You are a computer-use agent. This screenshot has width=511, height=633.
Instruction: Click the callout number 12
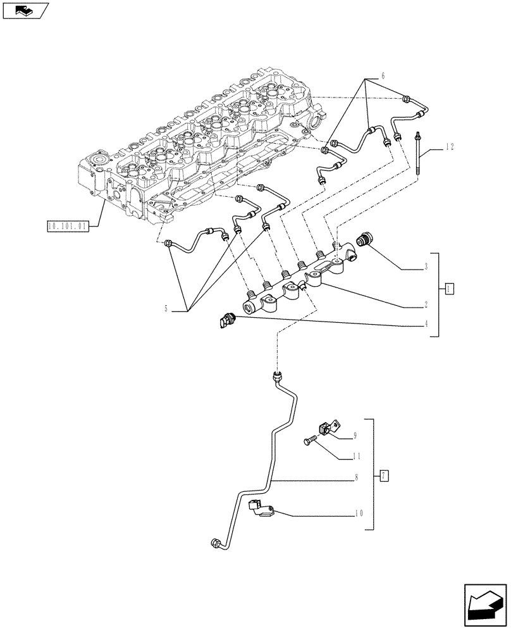click(x=449, y=147)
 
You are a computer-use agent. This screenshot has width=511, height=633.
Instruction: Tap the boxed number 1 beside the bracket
click(x=448, y=289)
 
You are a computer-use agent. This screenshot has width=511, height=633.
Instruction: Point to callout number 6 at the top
click(x=382, y=76)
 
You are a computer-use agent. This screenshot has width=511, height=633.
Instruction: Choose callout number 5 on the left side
click(x=166, y=309)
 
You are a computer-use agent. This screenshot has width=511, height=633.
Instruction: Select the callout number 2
click(x=426, y=304)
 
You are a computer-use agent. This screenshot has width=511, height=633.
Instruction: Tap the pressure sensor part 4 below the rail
click(x=227, y=321)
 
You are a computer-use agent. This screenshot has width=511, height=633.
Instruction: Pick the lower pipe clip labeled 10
click(x=261, y=510)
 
